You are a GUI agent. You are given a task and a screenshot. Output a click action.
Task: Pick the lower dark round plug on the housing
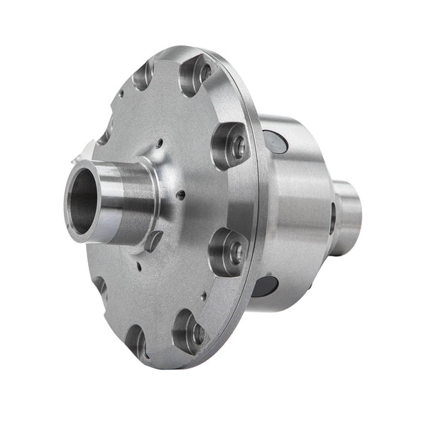pos(264,285)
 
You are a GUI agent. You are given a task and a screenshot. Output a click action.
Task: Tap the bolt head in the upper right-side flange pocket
pos(237,147)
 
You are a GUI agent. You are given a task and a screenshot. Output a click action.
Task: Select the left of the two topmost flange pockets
pos(143,75)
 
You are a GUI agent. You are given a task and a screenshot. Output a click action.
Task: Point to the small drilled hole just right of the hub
pos(182,194)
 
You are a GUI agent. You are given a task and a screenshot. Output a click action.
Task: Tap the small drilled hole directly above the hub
pos(159,143)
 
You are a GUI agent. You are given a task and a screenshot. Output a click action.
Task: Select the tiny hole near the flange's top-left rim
pos(121,93)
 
